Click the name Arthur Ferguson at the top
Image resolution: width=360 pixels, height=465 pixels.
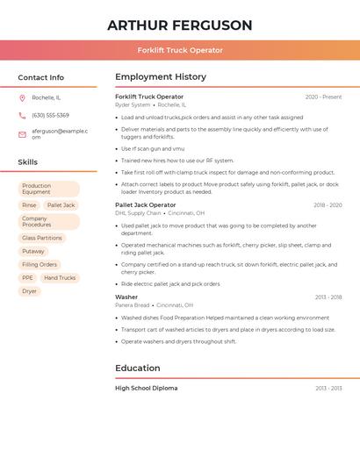(180, 25)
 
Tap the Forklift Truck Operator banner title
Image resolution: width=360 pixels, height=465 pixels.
(180, 50)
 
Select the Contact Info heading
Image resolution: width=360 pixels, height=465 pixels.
(41, 77)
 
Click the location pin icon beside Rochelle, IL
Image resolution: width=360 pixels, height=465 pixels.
(22, 98)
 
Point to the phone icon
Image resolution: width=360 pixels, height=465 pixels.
(22, 116)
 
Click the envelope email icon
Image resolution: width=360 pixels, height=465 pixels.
(22, 134)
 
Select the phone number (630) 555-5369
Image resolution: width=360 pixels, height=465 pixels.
(50, 116)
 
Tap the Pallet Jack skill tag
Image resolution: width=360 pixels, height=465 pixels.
(61, 205)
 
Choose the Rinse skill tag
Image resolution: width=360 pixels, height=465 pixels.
(29, 205)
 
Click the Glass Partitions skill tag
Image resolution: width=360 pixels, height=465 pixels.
(42, 238)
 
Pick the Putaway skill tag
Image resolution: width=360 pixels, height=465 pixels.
(33, 251)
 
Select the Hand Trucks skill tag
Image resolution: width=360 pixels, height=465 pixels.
(60, 278)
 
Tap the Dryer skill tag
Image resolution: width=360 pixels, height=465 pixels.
(29, 291)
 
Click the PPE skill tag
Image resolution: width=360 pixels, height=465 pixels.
(27, 278)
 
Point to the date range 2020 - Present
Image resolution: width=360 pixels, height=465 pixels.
(323, 97)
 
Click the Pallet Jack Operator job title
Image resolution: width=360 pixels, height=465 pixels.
(145, 204)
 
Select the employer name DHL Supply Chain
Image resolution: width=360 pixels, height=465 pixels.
(138, 213)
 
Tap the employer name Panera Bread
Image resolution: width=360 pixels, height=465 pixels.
(133, 305)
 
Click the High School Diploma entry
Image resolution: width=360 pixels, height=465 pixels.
(146, 388)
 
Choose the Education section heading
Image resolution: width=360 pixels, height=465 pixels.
(138, 368)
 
